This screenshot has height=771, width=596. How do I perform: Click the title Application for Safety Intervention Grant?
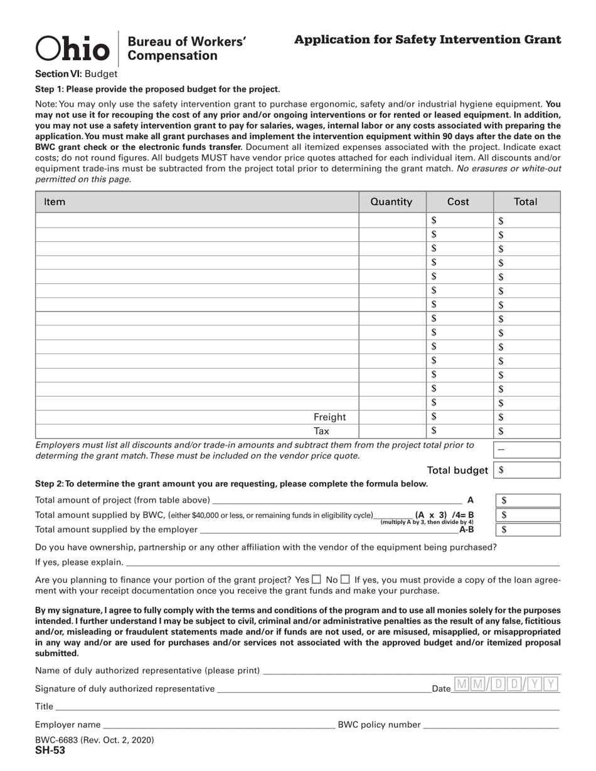pos(427,40)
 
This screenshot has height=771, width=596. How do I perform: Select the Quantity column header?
pos(391,202)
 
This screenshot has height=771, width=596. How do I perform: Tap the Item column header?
pos(55,202)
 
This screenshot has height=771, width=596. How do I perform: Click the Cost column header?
pos(458,202)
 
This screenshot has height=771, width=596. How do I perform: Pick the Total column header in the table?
pos(525,202)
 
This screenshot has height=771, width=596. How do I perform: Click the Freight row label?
pos(329,417)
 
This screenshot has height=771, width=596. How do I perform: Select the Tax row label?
pos(321,431)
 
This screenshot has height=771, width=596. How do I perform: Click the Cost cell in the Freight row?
pos(459,417)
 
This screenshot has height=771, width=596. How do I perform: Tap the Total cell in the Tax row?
pos(526,431)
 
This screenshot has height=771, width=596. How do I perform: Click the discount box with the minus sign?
pos(527,449)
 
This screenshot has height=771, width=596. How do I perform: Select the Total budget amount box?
pos(527,470)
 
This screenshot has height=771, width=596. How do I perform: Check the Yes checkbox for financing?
pos(317,580)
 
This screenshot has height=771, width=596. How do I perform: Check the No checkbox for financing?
pos(345,580)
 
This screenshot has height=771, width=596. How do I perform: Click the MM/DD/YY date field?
pos(506,684)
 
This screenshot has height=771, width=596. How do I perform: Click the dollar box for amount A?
pos(528,500)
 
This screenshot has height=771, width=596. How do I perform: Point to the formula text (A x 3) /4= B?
pos(444,515)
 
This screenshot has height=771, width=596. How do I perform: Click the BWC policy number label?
pos(379,725)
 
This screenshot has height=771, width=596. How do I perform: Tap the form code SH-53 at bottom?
pos(50,750)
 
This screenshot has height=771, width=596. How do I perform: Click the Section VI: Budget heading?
pos(76,73)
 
